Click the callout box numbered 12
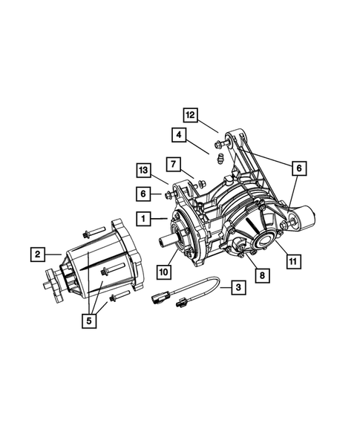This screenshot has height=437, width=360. (191, 115)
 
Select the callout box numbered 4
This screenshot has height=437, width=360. (178, 135)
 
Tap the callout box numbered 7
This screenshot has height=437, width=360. (171, 163)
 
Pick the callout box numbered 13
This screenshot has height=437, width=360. (145, 171)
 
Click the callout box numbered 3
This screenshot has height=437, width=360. (238, 287)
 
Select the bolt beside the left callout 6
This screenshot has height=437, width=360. (169, 194)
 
